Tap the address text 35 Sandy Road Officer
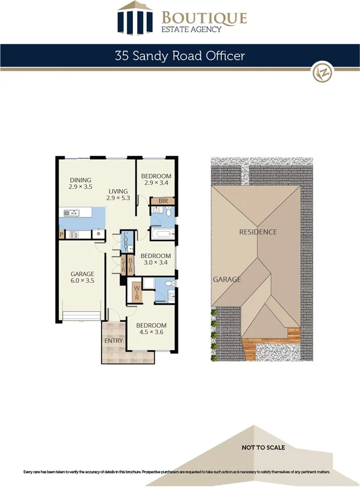179,55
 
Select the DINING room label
80,180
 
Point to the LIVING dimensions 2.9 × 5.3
118,198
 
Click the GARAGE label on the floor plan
82,273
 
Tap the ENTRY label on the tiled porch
114,340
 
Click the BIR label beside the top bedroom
163,201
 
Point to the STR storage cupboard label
124,266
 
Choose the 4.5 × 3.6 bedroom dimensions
151,332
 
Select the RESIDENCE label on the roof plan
258,232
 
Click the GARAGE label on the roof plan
227,279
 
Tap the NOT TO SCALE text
263,447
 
